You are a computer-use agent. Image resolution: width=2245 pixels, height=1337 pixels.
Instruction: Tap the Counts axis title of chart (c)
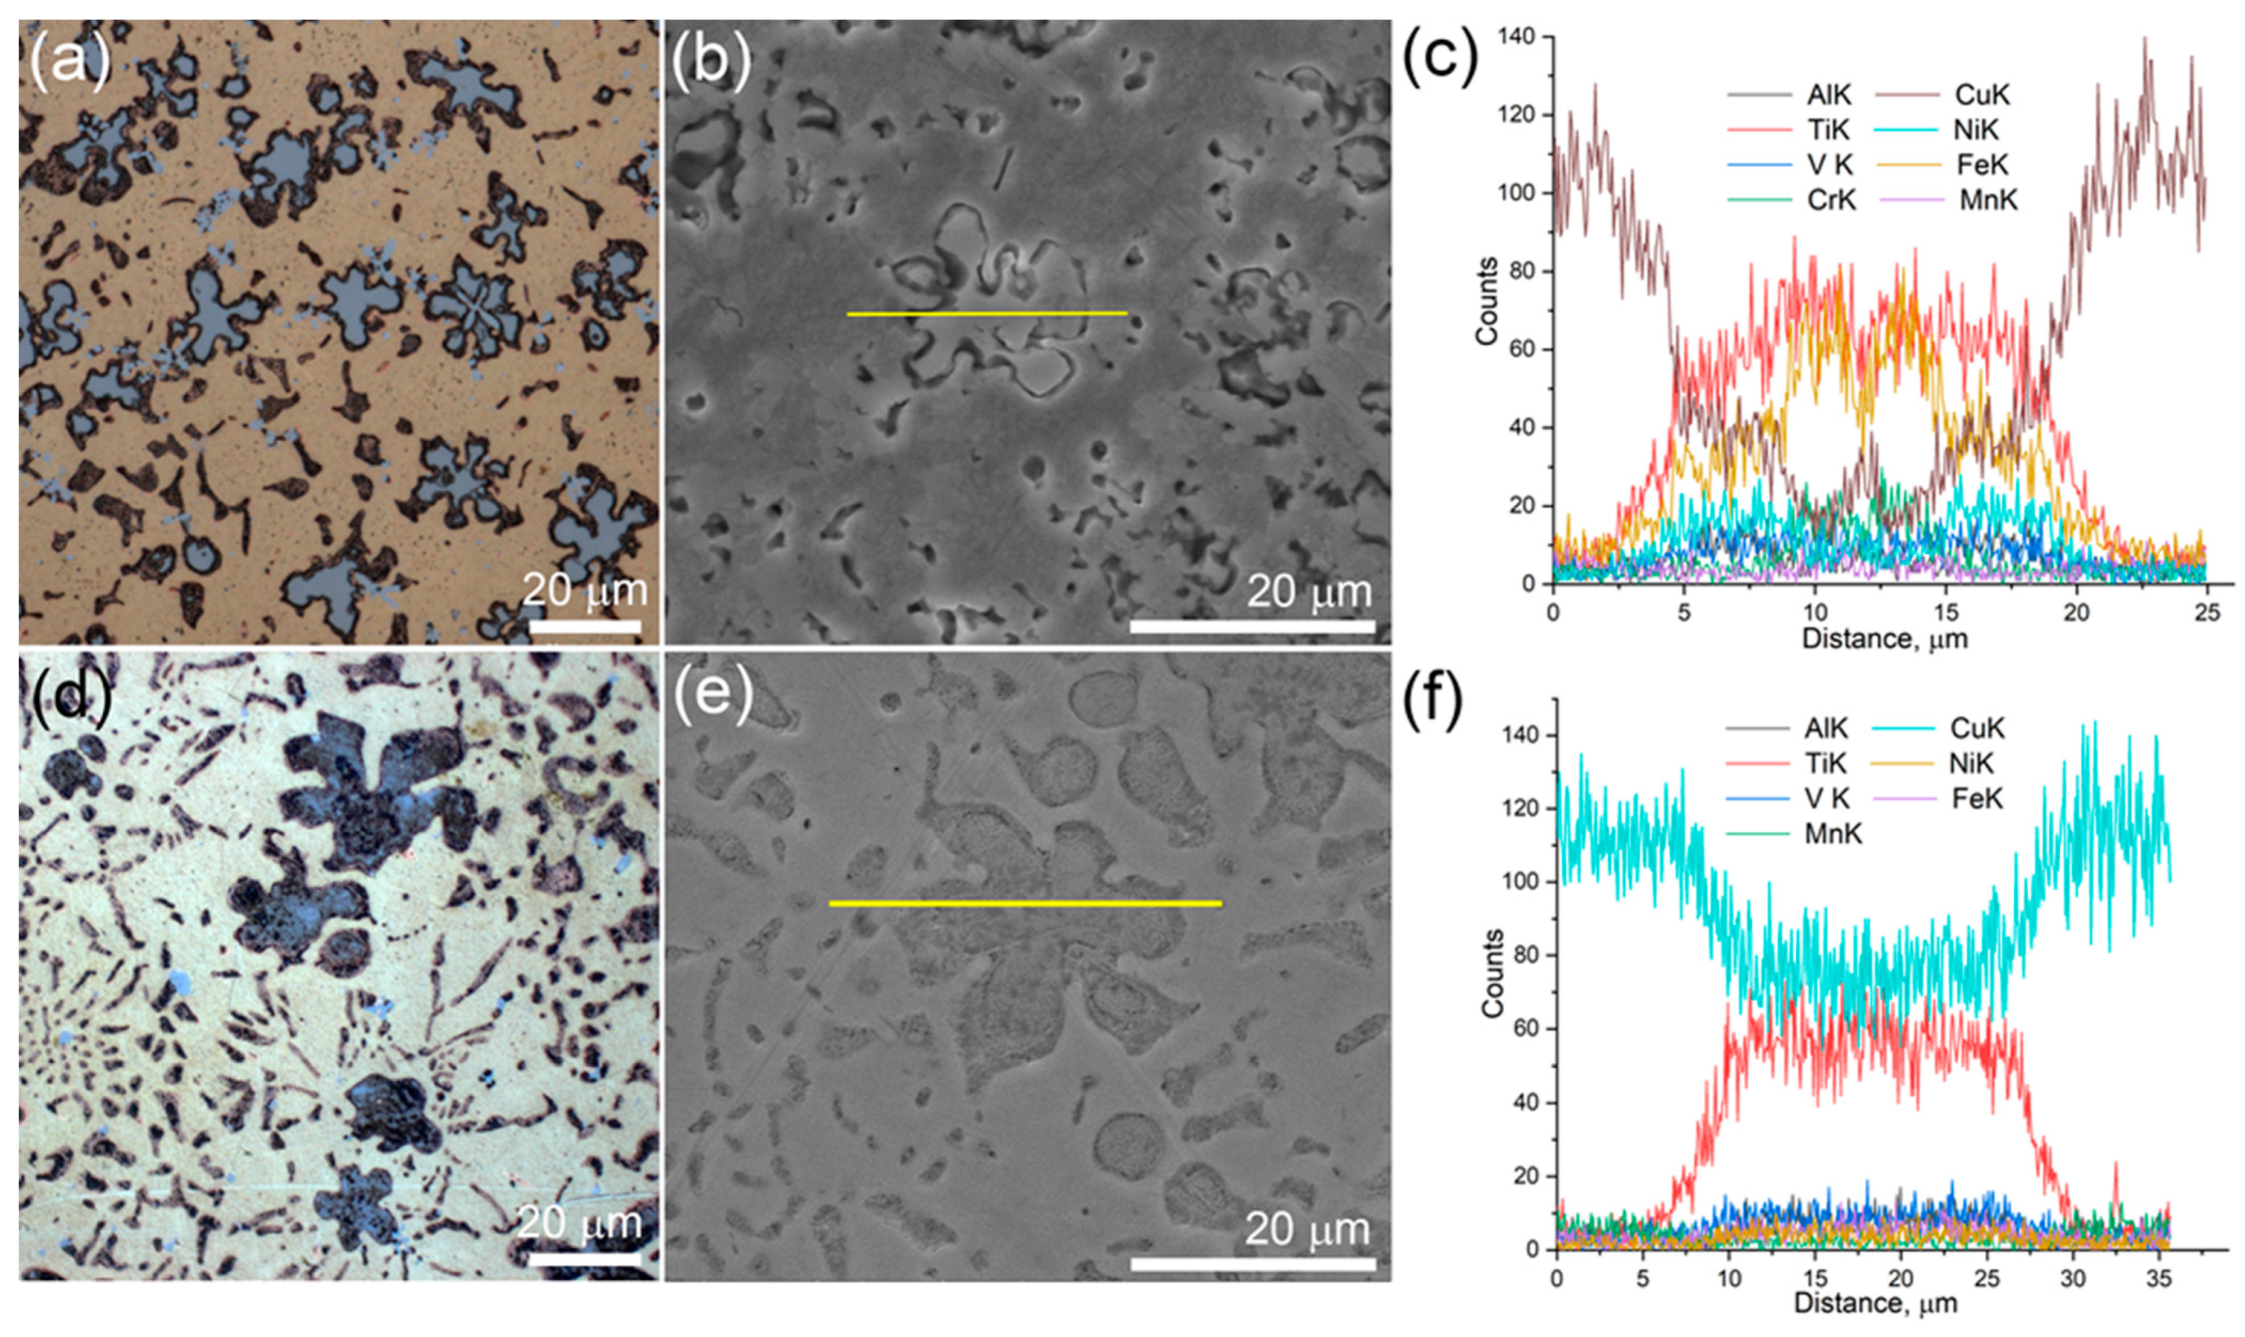(x=1487, y=301)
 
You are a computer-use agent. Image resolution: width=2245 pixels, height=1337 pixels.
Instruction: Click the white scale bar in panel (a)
(x=585, y=625)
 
